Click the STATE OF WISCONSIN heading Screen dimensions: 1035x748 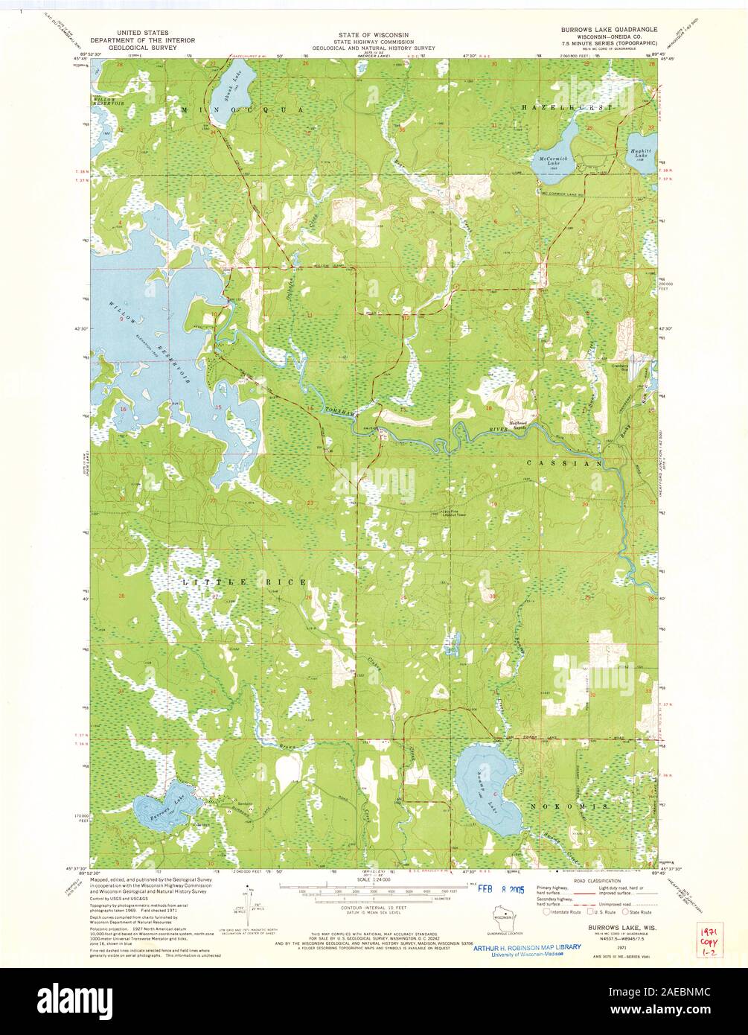click(374, 34)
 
